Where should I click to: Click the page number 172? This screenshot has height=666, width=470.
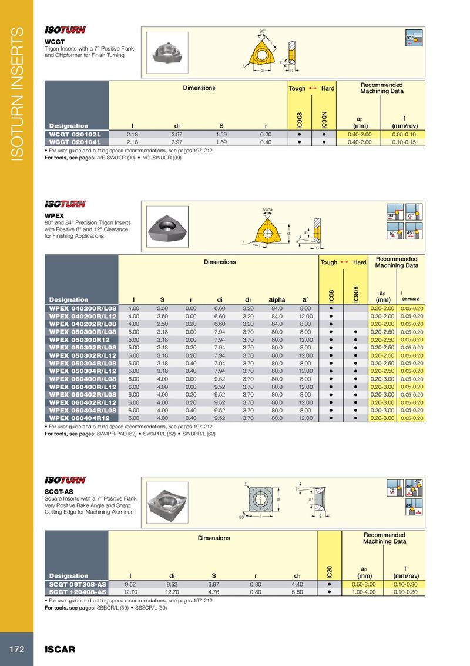[x=16, y=650]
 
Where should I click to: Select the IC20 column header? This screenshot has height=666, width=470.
[x=330, y=569]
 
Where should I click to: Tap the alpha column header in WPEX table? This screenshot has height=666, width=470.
[x=277, y=299]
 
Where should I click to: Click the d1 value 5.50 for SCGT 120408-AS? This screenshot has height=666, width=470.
[x=297, y=591]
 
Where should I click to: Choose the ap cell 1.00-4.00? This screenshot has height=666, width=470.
[x=364, y=591]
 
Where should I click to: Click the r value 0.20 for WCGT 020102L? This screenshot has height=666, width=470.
[x=266, y=134]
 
